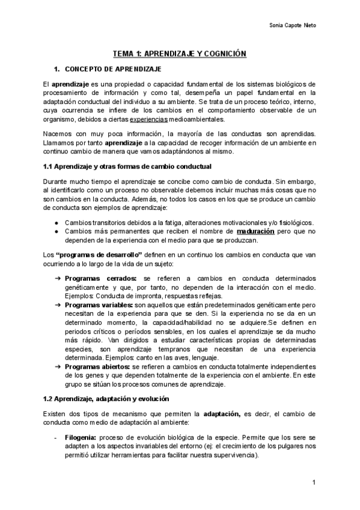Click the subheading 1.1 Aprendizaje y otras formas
click(127, 165)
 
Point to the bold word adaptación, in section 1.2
click(222, 414)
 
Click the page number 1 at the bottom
click(314, 483)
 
